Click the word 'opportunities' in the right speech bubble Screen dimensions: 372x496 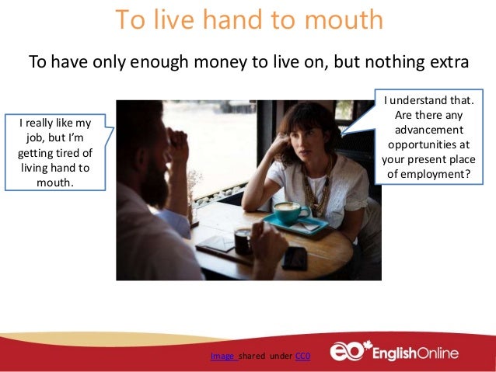coord(428,145)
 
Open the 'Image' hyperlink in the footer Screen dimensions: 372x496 coord(222,356)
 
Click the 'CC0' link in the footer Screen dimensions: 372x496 coord(303,356)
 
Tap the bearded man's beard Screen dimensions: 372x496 coord(153,185)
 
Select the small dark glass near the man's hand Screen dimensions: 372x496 coord(243,241)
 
